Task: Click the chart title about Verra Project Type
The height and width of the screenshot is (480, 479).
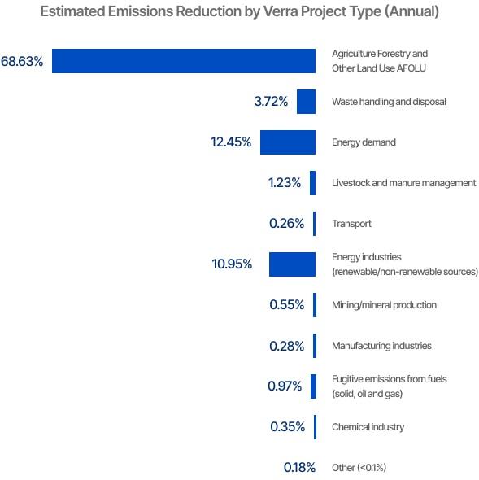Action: tap(239, 11)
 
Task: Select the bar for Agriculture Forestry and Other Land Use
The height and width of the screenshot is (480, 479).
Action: tap(184, 61)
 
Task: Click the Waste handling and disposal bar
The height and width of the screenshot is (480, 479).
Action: tap(306, 102)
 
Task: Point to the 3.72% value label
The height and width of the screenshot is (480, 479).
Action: tap(271, 102)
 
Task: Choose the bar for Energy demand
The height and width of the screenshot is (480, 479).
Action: tap(287, 142)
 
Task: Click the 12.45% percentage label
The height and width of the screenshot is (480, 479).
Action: tap(231, 142)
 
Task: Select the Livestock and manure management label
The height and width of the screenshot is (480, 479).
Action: tap(403, 183)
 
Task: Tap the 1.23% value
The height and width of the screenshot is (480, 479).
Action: tap(285, 183)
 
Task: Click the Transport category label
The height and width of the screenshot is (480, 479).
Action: tap(351, 224)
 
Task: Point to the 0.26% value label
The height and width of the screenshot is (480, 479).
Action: tap(286, 224)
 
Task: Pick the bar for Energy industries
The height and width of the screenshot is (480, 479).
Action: tap(292, 264)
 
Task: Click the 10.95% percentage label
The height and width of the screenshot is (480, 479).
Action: tap(233, 264)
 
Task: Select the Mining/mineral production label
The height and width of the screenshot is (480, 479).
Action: tap(384, 305)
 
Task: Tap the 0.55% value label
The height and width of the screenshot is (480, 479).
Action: tap(286, 305)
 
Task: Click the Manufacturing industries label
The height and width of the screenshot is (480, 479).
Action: tap(381, 346)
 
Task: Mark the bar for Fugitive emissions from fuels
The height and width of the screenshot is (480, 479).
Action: tap(313, 386)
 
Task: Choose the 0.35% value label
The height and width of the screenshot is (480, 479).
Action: tap(287, 427)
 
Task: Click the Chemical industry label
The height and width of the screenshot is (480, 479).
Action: tap(368, 427)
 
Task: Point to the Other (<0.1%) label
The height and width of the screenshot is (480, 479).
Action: tap(359, 468)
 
